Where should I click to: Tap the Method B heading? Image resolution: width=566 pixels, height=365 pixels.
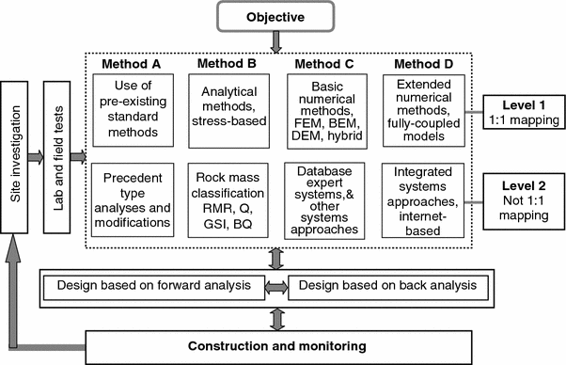[228, 64]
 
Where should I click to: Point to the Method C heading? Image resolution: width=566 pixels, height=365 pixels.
[323, 64]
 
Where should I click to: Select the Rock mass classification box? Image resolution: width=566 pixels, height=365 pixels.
[228, 198]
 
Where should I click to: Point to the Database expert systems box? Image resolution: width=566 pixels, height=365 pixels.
[324, 198]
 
